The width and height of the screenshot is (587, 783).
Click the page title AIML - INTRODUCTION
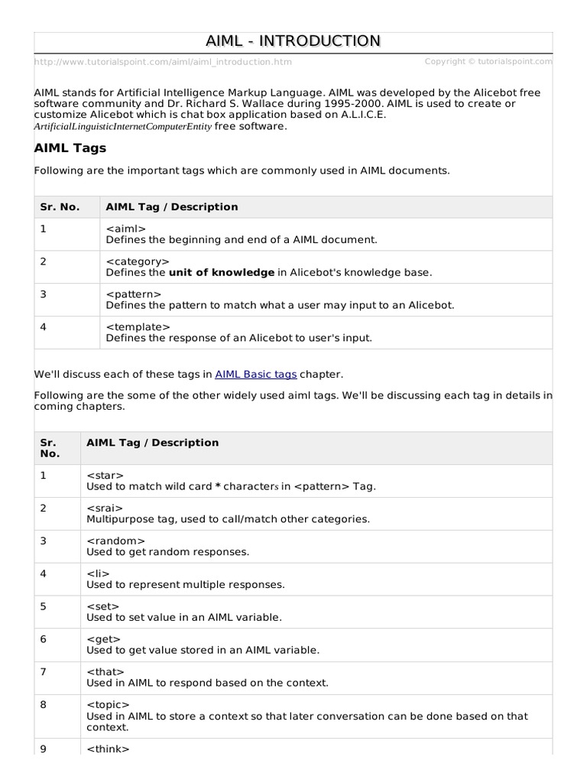[x=293, y=41]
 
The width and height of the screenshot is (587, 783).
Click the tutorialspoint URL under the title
[x=163, y=62]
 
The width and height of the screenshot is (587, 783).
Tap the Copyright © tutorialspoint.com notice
[x=488, y=61]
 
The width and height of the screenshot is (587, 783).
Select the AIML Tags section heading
[x=70, y=148]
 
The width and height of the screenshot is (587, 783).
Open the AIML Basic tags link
[x=255, y=375]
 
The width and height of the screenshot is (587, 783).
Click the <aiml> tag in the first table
[x=125, y=229]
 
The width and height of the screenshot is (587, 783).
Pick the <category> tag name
[x=138, y=262]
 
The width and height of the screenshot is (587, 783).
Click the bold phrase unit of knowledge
[x=221, y=272]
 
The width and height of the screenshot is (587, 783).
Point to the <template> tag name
[x=138, y=327]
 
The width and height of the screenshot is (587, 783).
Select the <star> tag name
[x=105, y=476]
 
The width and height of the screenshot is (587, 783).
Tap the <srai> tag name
[x=105, y=508]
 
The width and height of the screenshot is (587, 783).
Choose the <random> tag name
[x=115, y=541]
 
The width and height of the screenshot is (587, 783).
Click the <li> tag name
[x=99, y=574]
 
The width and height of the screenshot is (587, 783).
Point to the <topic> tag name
[x=109, y=705]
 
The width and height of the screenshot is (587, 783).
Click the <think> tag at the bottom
[x=109, y=749]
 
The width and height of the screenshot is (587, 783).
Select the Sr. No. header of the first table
[x=60, y=207]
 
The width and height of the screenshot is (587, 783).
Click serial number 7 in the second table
[x=44, y=672]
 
